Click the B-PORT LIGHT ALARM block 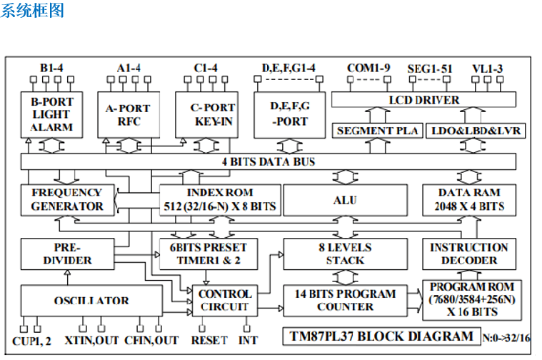pos(51,114)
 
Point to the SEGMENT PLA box pos(374,131)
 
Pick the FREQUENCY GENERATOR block pos(66,199)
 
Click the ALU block pos(345,200)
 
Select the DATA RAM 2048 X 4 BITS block pos(468,200)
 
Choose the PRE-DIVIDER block pos(66,254)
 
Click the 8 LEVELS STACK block pos(345,254)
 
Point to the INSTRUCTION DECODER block pos(468,254)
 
